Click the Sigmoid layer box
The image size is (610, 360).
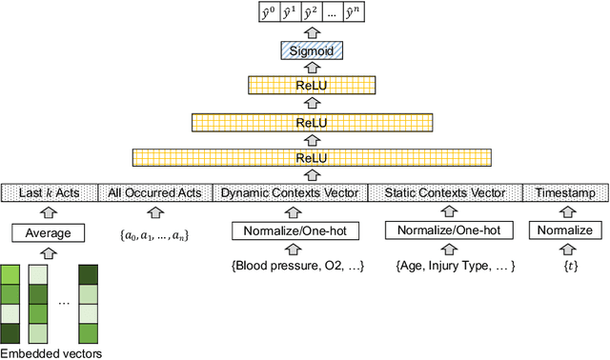[304, 50]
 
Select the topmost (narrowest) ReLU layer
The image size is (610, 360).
[304, 86]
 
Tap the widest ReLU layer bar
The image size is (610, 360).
[304, 157]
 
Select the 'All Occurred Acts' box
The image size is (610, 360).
[154, 193]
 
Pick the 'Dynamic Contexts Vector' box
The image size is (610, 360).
[289, 193]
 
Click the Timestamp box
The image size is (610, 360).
[565, 193]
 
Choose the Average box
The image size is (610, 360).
[48, 231]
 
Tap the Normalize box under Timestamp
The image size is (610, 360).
[565, 230]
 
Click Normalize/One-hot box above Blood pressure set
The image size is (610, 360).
[289, 230]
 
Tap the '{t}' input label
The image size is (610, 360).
[565, 267]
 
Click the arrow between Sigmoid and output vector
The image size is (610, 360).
[304, 31]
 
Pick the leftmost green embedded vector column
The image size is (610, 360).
[11, 303]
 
